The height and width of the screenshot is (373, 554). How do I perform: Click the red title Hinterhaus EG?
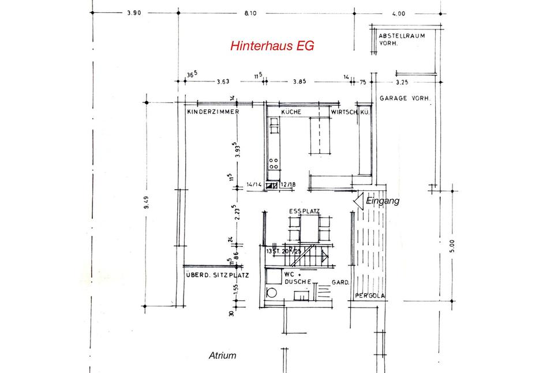[x=272, y=46]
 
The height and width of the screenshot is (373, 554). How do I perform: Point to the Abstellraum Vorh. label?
[x=402, y=39]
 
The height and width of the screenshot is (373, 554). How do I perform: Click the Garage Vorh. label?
[x=405, y=99]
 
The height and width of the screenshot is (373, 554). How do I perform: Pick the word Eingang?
[x=383, y=201]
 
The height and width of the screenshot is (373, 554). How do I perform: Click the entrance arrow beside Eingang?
[x=358, y=200]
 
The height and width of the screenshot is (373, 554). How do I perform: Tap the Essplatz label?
[x=305, y=212]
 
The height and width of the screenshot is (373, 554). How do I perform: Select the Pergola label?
[x=369, y=297]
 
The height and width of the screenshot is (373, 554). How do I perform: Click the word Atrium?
[x=222, y=356]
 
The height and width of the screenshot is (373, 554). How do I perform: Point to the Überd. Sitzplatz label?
[x=216, y=275]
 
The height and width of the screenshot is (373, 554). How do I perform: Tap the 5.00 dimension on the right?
[x=453, y=246]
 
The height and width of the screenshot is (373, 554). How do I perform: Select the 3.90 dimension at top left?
[x=134, y=13]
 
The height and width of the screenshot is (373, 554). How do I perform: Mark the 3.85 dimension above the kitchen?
[x=299, y=82]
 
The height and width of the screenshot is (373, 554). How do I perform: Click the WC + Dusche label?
[x=297, y=277]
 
